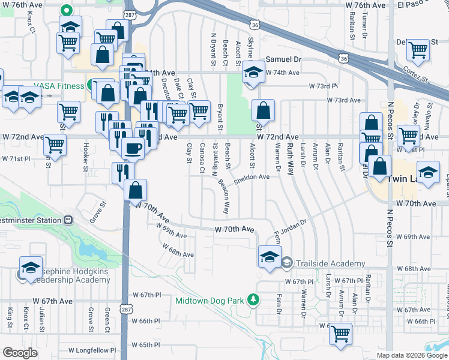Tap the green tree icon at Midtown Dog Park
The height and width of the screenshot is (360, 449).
[254, 299]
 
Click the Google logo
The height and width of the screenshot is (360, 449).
[20, 353]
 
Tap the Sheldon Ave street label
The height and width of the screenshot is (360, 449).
[252, 177]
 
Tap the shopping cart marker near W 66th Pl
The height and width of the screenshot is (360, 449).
[340, 333]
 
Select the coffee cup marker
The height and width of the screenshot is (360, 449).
[133, 148]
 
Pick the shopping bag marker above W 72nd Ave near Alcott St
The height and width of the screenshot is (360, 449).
[263, 111]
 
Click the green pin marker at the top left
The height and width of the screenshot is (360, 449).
[67, 10]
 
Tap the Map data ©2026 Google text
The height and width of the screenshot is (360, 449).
[412, 355]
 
